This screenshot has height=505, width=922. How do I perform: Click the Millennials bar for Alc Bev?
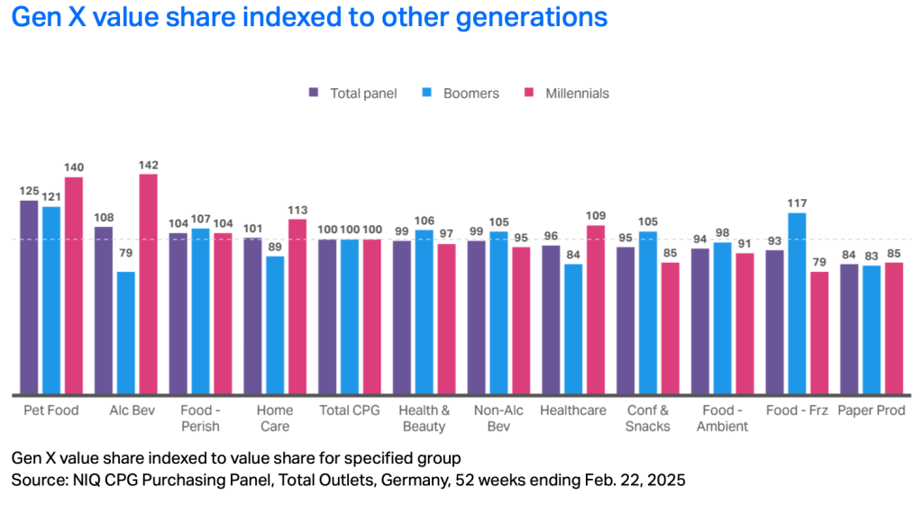click(148, 284)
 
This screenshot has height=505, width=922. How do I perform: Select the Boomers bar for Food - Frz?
click(797, 303)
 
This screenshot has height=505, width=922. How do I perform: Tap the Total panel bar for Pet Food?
click(30, 297)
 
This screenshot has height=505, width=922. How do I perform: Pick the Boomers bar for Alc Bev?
click(126, 333)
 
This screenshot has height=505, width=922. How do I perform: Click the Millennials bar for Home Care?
click(297, 307)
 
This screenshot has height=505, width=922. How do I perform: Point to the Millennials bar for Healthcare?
click(595, 310)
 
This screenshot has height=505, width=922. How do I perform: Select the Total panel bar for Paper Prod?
click(849, 329)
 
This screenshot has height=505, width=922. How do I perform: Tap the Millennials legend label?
click(577, 93)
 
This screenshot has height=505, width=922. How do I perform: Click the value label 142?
click(148, 165)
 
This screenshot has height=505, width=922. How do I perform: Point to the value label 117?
click(797, 203)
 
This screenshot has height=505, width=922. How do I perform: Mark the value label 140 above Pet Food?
click(74, 167)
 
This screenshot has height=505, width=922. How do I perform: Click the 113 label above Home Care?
click(297, 210)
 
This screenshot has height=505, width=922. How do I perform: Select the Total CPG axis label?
click(348, 410)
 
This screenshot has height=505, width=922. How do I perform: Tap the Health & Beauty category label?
click(423, 418)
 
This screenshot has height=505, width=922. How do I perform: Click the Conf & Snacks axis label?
click(647, 418)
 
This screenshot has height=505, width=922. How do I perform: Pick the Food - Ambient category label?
click(722, 418)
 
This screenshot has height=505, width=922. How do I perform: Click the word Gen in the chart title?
click(35, 17)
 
